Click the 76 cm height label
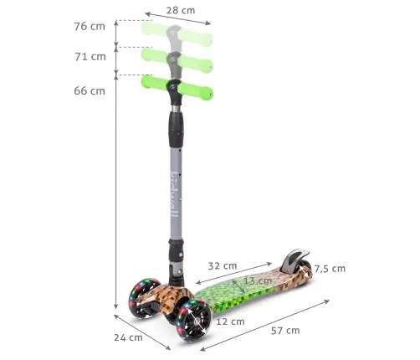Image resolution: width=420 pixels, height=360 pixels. point(90,27)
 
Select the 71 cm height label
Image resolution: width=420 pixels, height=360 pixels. point(90,57)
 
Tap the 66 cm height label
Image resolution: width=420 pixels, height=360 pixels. point(90,90)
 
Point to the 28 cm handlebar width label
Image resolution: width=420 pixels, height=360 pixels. point(179,11)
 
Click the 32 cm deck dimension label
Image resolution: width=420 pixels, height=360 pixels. point(222,265)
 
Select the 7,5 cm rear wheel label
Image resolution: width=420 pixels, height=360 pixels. point(329,269)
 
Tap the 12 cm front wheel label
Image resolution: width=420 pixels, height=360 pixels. point(231,321)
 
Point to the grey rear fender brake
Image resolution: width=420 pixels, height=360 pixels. point(295,260)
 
